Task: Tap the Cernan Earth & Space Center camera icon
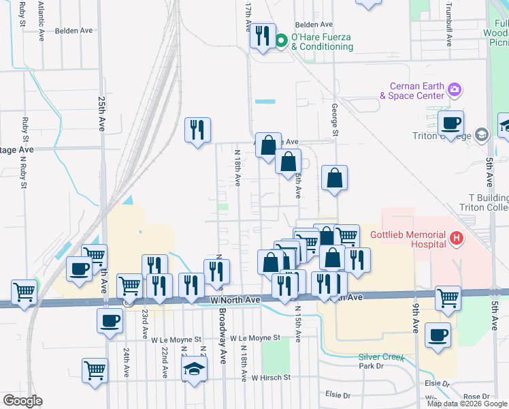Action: pos(455,89)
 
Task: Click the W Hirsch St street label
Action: pos(271,376)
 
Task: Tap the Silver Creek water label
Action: pos(381,357)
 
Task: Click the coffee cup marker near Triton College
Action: pos(450,124)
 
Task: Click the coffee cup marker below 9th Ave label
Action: pos(438,335)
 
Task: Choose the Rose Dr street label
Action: pos(476,396)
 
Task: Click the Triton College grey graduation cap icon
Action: pos(482,134)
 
